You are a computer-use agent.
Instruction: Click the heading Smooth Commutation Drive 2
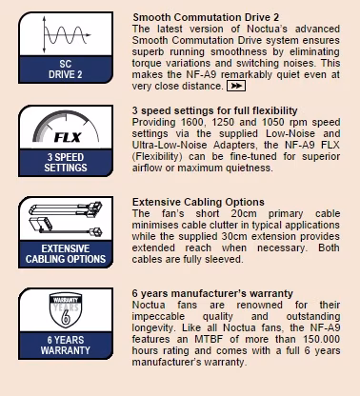tap(206, 17)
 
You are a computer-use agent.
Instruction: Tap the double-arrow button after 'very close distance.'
tap(236, 86)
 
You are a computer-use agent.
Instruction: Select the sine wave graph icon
tap(66, 34)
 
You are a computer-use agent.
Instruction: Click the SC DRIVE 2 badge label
tap(66, 69)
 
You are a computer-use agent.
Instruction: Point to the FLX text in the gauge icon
tap(68, 137)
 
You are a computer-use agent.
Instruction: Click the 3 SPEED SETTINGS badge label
tap(66, 163)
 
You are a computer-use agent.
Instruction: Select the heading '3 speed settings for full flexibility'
tap(214, 110)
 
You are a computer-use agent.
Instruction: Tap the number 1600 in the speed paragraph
tap(191, 122)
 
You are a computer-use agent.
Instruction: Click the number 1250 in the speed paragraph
tap(223, 122)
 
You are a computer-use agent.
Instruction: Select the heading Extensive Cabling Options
tap(198, 202)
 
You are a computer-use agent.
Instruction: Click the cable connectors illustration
tap(66, 219)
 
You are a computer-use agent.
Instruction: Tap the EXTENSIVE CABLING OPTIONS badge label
tap(66, 254)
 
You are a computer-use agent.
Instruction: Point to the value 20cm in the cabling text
tap(244, 213)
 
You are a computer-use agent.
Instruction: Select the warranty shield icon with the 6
tap(66, 310)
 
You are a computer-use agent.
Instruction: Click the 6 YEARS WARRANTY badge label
tap(66, 346)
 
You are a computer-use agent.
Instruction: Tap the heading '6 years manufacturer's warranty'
tap(212, 293)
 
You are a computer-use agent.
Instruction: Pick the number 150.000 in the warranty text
tap(321, 339)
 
